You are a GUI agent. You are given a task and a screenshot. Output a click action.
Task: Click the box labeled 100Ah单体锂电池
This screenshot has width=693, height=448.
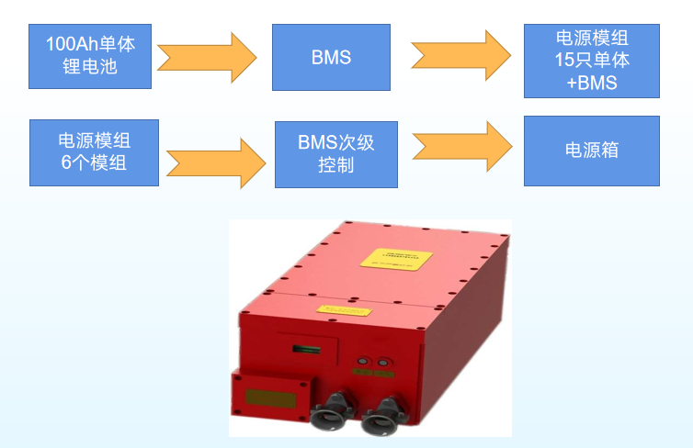(91, 55)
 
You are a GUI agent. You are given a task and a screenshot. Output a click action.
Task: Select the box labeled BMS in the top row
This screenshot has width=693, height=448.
(331, 57)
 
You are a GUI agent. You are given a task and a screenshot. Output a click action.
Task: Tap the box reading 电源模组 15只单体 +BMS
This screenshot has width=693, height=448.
(591, 60)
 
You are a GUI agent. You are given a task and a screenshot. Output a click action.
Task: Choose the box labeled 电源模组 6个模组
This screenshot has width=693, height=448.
(93, 151)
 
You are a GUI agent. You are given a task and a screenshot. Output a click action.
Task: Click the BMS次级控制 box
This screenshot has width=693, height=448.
(335, 154)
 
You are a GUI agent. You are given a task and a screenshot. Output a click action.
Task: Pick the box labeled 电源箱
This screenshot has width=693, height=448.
(591, 150)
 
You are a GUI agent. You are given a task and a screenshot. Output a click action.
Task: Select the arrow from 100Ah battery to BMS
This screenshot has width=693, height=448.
(207, 58)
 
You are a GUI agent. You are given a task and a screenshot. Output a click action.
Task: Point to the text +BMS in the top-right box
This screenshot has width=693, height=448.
(591, 83)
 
